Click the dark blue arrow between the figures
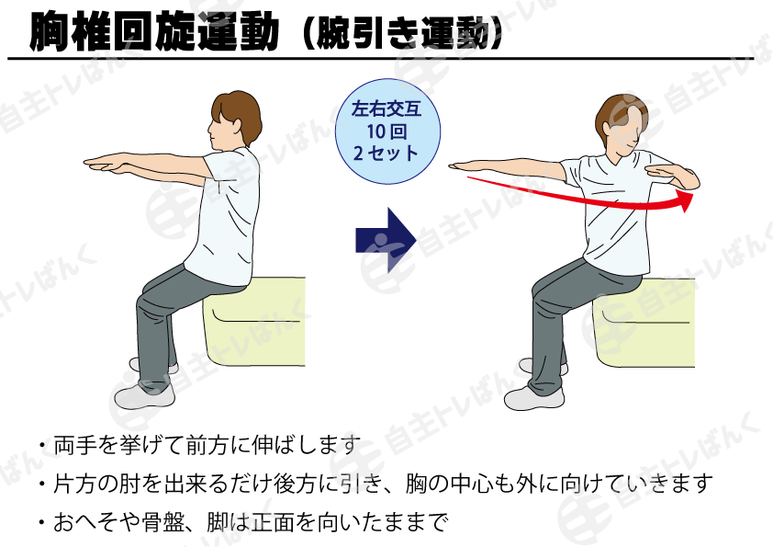tap(386, 240)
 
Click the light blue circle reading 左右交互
tap(387, 131)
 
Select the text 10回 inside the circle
tap(386, 131)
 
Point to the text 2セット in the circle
tap(386, 153)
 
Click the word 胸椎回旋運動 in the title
tap(154, 30)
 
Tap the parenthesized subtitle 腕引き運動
tap(403, 32)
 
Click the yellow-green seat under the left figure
tap(255, 322)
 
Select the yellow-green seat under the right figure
tap(644, 324)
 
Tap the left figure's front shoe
tap(144, 394)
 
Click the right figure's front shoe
tap(534, 397)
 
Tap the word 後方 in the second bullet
tap(295, 484)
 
